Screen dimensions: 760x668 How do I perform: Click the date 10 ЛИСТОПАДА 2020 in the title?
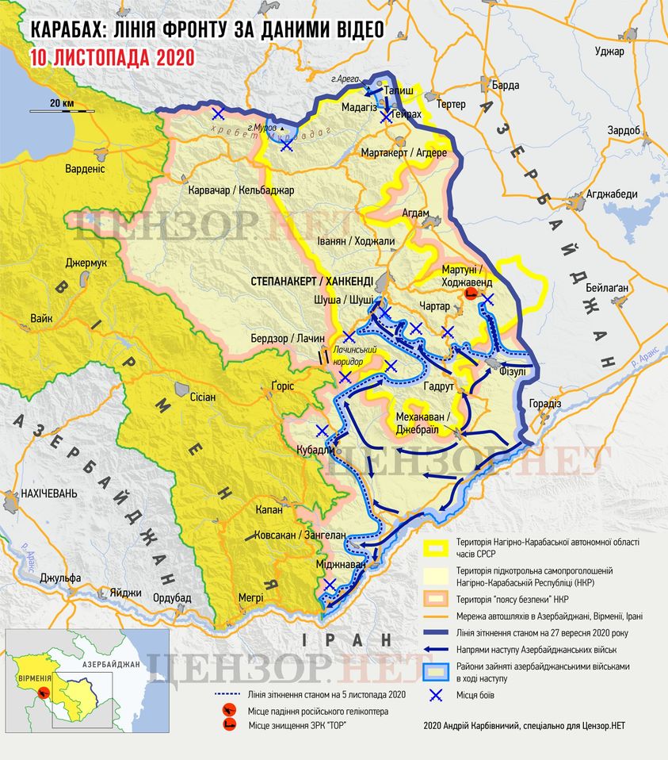click(x=112, y=57)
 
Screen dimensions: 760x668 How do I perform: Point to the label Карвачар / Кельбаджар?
click(x=241, y=190)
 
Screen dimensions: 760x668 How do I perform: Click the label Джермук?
click(x=86, y=263)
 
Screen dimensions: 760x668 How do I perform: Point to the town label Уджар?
click(x=610, y=52)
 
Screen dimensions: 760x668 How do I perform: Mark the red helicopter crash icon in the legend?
click(x=230, y=712)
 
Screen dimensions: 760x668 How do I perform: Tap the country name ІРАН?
click(x=347, y=639)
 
